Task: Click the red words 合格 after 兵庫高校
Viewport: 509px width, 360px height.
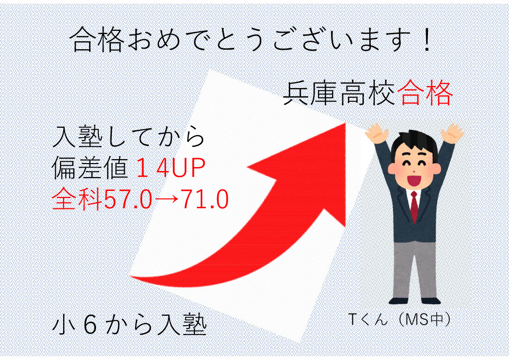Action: [425, 93]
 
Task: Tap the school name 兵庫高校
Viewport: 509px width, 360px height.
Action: [339, 93]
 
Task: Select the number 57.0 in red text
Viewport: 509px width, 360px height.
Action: [128, 199]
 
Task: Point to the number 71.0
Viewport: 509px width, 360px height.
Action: [205, 199]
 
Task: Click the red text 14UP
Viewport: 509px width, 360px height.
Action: [171, 168]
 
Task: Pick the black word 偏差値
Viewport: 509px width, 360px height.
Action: [89, 168]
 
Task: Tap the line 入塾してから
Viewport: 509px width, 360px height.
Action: [129, 137]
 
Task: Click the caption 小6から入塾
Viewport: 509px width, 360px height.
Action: [129, 325]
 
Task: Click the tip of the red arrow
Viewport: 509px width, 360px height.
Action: [345, 123]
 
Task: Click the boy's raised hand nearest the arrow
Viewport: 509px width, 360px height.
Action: [377, 133]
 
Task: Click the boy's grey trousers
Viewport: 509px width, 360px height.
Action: [414, 269]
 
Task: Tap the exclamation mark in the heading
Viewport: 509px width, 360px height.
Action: [427, 40]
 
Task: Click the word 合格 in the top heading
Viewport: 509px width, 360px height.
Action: [97, 40]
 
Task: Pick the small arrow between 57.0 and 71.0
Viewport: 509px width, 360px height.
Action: [166, 199]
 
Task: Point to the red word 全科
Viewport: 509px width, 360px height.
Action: [77, 199]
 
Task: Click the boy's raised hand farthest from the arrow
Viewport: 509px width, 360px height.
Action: [452, 133]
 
